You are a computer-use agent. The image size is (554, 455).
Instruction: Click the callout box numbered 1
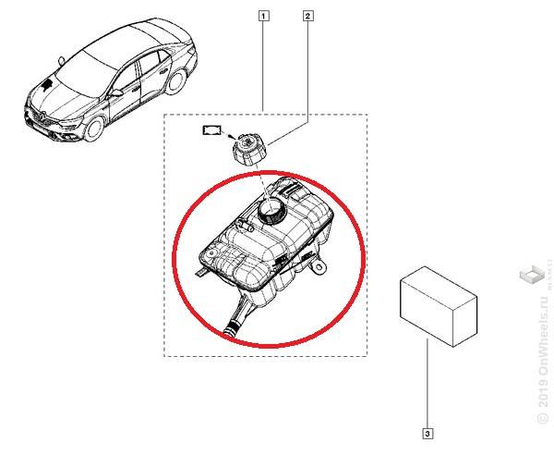tap(265, 15)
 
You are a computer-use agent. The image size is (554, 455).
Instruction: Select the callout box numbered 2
tap(307, 15)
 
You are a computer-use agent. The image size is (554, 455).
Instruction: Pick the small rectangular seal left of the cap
tap(212, 131)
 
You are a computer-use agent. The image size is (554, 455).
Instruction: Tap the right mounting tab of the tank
tap(319, 266)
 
